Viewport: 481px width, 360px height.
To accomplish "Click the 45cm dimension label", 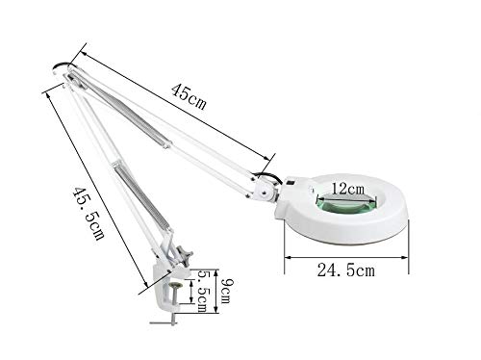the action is (x=189, y=97).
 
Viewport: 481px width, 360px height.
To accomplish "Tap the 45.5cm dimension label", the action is (x=89, y=214).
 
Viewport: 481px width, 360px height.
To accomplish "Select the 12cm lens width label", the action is (x=348, y=189).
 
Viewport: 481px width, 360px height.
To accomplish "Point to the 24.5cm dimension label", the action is (x=346, y=270).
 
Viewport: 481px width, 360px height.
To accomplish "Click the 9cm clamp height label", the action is (x=226, y=292).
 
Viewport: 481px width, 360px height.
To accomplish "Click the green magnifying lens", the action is (x=346, y=203).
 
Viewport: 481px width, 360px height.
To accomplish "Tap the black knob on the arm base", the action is (x=186, y=255).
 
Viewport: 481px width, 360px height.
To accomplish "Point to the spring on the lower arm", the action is (x=143, y=196).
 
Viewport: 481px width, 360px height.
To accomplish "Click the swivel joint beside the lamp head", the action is (x=265, y=190).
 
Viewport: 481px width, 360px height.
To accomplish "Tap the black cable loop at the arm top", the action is (x=63, y=66).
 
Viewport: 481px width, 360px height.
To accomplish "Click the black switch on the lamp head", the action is (x=291, y=183).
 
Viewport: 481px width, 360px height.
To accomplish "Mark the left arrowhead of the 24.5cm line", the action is (x=288, y=257).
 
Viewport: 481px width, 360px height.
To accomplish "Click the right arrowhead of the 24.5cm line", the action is (x=405, y=257).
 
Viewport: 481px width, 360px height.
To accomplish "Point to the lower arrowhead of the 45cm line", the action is (x=266, y=158).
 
